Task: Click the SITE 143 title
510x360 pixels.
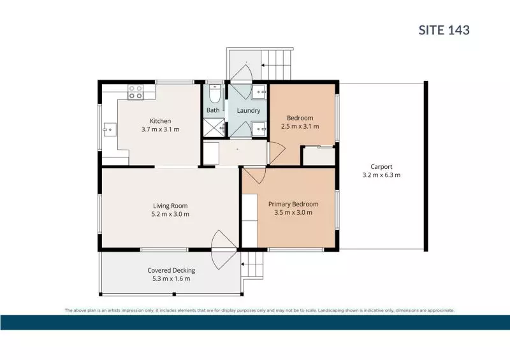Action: [x=444, y=29]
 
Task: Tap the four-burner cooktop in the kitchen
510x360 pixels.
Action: [x=135, y=92]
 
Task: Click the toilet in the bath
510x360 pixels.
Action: [x=214, y=96]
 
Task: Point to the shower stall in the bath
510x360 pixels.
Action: [x=214, y=128]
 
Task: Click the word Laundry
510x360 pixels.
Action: [x=248, y=110]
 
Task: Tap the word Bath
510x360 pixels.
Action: [x=213, y=110]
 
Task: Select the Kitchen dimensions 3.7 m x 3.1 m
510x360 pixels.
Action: [x=160, y=129]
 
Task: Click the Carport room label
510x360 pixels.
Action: [x=381, y=166]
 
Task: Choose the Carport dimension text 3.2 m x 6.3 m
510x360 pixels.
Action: [x=381, y=175]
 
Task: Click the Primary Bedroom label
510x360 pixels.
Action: [x=293, y=204]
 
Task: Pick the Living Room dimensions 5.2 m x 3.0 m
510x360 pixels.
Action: [x=170, y=214]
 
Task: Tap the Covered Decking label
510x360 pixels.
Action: [x=171, y=270]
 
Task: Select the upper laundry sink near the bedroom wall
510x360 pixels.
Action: [x=260, y=92]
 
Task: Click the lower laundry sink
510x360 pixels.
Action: [x=260, y=129]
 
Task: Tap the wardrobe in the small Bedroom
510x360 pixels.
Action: [x=318, y=156]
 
